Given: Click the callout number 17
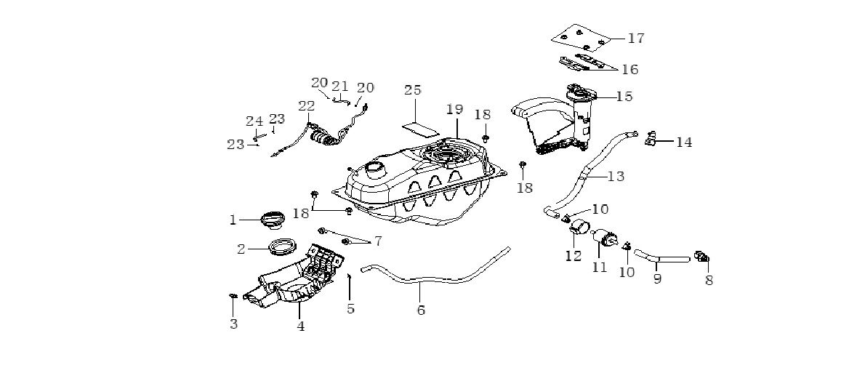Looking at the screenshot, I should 636,38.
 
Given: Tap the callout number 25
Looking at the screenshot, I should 413,91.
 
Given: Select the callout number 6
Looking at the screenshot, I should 421,310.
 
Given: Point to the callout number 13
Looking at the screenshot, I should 616,176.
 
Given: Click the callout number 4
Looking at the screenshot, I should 300,326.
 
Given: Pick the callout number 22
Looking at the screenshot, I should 306,106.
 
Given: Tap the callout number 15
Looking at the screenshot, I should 624,96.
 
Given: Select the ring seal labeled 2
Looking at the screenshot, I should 283,247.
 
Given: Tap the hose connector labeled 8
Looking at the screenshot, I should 703,257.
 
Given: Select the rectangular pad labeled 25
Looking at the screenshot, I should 422,129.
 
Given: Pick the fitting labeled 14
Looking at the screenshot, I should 651,137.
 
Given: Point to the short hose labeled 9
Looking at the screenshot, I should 662,257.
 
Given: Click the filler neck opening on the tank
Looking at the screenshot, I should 377,169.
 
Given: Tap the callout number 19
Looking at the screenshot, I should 454,110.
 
